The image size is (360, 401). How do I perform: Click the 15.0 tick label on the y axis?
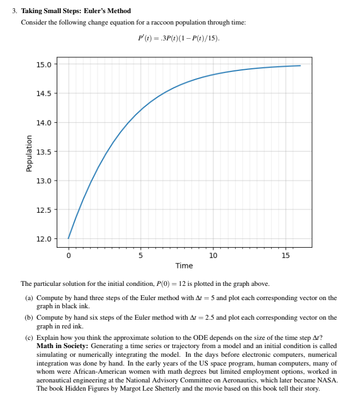[x=44, y=64]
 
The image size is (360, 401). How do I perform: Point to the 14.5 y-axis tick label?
[x=44, y=93]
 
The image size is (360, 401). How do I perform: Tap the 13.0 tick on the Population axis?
[x=44, y=181]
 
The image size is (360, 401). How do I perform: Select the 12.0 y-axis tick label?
[x=44, y=239]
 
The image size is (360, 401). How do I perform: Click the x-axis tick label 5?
[x=141, y=255]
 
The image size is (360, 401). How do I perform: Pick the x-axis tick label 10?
[x=213, y=255]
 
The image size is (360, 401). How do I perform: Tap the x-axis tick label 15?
[x=285, y=255]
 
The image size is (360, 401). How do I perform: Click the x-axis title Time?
[x=184, y=266]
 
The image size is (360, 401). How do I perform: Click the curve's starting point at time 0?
[x=68, y=238]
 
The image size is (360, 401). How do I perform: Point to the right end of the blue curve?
[x=300, y=65]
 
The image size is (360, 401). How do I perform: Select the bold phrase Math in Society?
[x=62, y=346]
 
